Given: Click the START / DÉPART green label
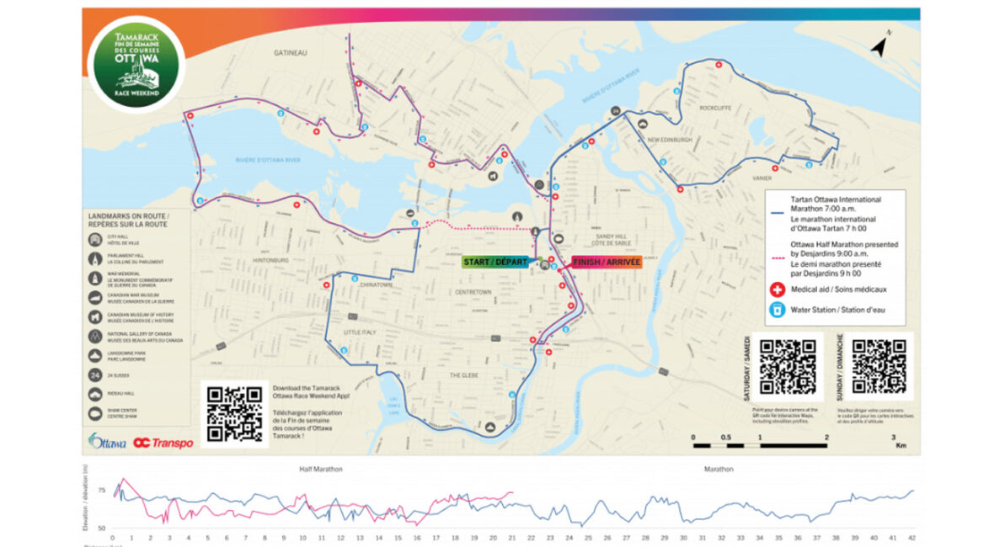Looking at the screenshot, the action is (x=495, y=262).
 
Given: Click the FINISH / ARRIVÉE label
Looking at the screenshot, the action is (x=607, y=262).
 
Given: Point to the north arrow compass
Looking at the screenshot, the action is (x=880, y=45).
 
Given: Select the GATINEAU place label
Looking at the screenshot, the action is (x=290, y=52).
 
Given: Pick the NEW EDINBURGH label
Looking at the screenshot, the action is (x=671, y=139).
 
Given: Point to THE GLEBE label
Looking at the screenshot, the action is (x=464, y=374).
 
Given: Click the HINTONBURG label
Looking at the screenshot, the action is (x=270, y=260).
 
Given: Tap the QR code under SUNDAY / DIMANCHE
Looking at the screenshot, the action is (x=878, y=367).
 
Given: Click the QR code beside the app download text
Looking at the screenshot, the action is (x=235, y=413).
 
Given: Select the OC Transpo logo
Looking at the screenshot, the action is (x=163, y=443).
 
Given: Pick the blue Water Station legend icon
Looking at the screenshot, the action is (x=777, y=310).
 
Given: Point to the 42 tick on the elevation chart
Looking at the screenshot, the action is (x=911, y=537).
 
